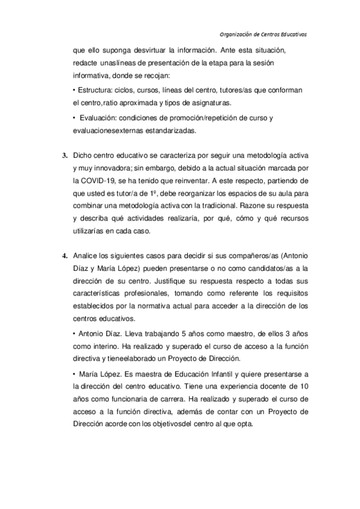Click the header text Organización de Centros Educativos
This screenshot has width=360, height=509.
click(x=262, y=34)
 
